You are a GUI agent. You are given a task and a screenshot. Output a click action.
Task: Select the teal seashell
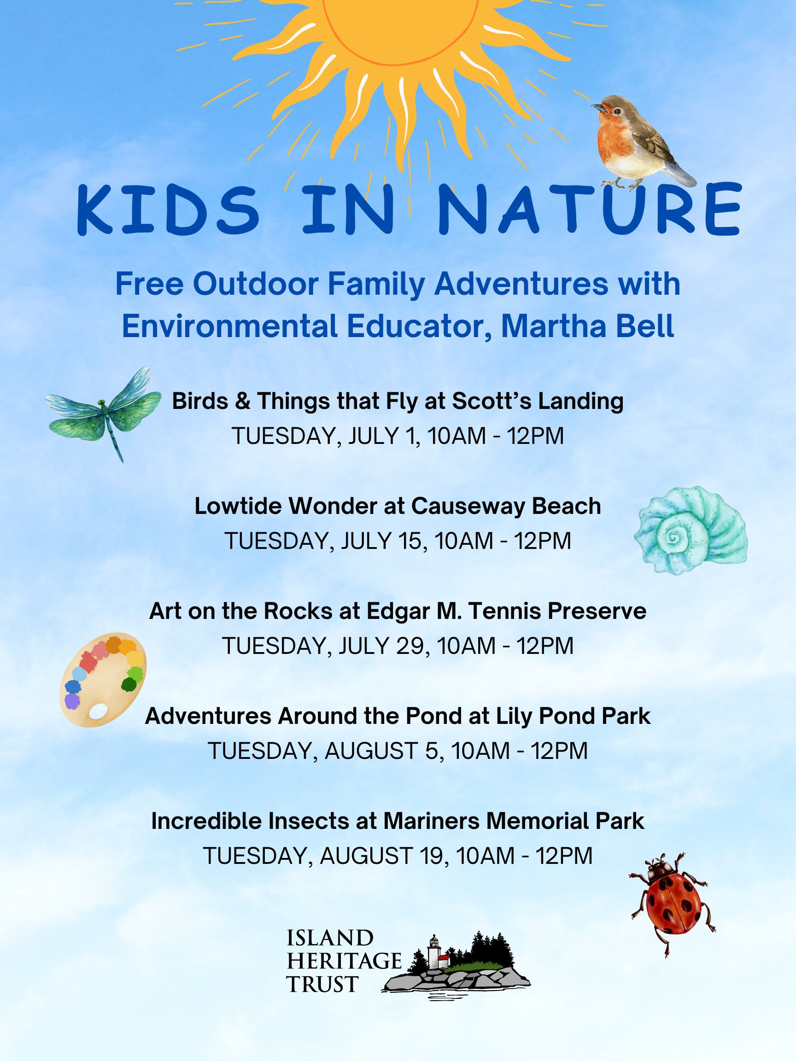tap(691, 530)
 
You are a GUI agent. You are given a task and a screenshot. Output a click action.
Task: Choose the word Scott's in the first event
tap(492, 401)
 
